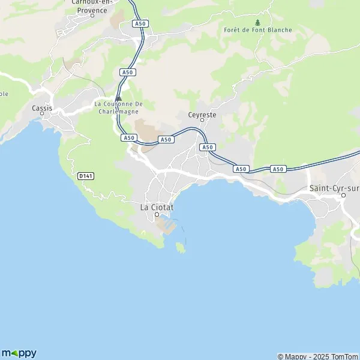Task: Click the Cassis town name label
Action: click(x=42, y=108)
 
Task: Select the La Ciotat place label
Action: click(x=157, y=207)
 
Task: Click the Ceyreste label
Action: click(x=202, y=114)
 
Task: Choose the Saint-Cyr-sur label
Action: click(x=334, y=188)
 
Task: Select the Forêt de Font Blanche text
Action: click(x=257, y=30)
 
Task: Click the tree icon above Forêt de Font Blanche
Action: click(x=258, y=23)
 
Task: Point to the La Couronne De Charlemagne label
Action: click(x=118, y=107)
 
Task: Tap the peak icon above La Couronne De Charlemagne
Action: click(x=119, y=98)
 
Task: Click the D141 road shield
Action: click(x=85, y=175)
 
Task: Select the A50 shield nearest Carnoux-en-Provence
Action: click(x=140, y=23)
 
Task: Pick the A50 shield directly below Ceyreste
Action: click(x=207, y=147)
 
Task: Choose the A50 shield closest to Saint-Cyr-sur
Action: click(x=278, y=169)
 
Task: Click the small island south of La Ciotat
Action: click(x=179, y=247)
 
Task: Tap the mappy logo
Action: click(x=19, y=353)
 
